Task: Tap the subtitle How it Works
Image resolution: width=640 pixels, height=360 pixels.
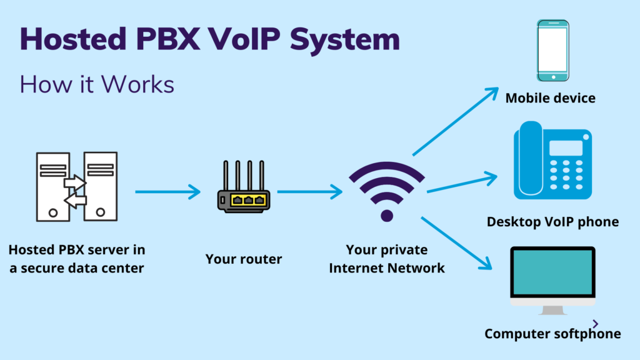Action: tap(96, 84)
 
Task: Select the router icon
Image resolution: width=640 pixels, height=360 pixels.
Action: tap(243, 187)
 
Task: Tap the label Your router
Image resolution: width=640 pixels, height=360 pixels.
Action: tap(244, 259)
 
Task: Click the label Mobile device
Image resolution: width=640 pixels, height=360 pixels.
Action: tap(550, 98)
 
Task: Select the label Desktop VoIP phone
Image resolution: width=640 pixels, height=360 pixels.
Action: tap(552, 221)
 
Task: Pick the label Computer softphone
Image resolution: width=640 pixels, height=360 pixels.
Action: tap(552, 334)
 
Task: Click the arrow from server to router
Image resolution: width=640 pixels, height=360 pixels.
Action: tap(167, 192)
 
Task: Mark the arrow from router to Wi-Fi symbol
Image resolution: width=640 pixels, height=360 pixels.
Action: tap(310, 192)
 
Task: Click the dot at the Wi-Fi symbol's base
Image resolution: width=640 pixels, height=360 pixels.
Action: tap(387, 216)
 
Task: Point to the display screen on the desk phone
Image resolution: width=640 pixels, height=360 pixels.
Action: tap(565, 148)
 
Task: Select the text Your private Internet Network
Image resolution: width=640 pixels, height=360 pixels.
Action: tap(387, 259)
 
